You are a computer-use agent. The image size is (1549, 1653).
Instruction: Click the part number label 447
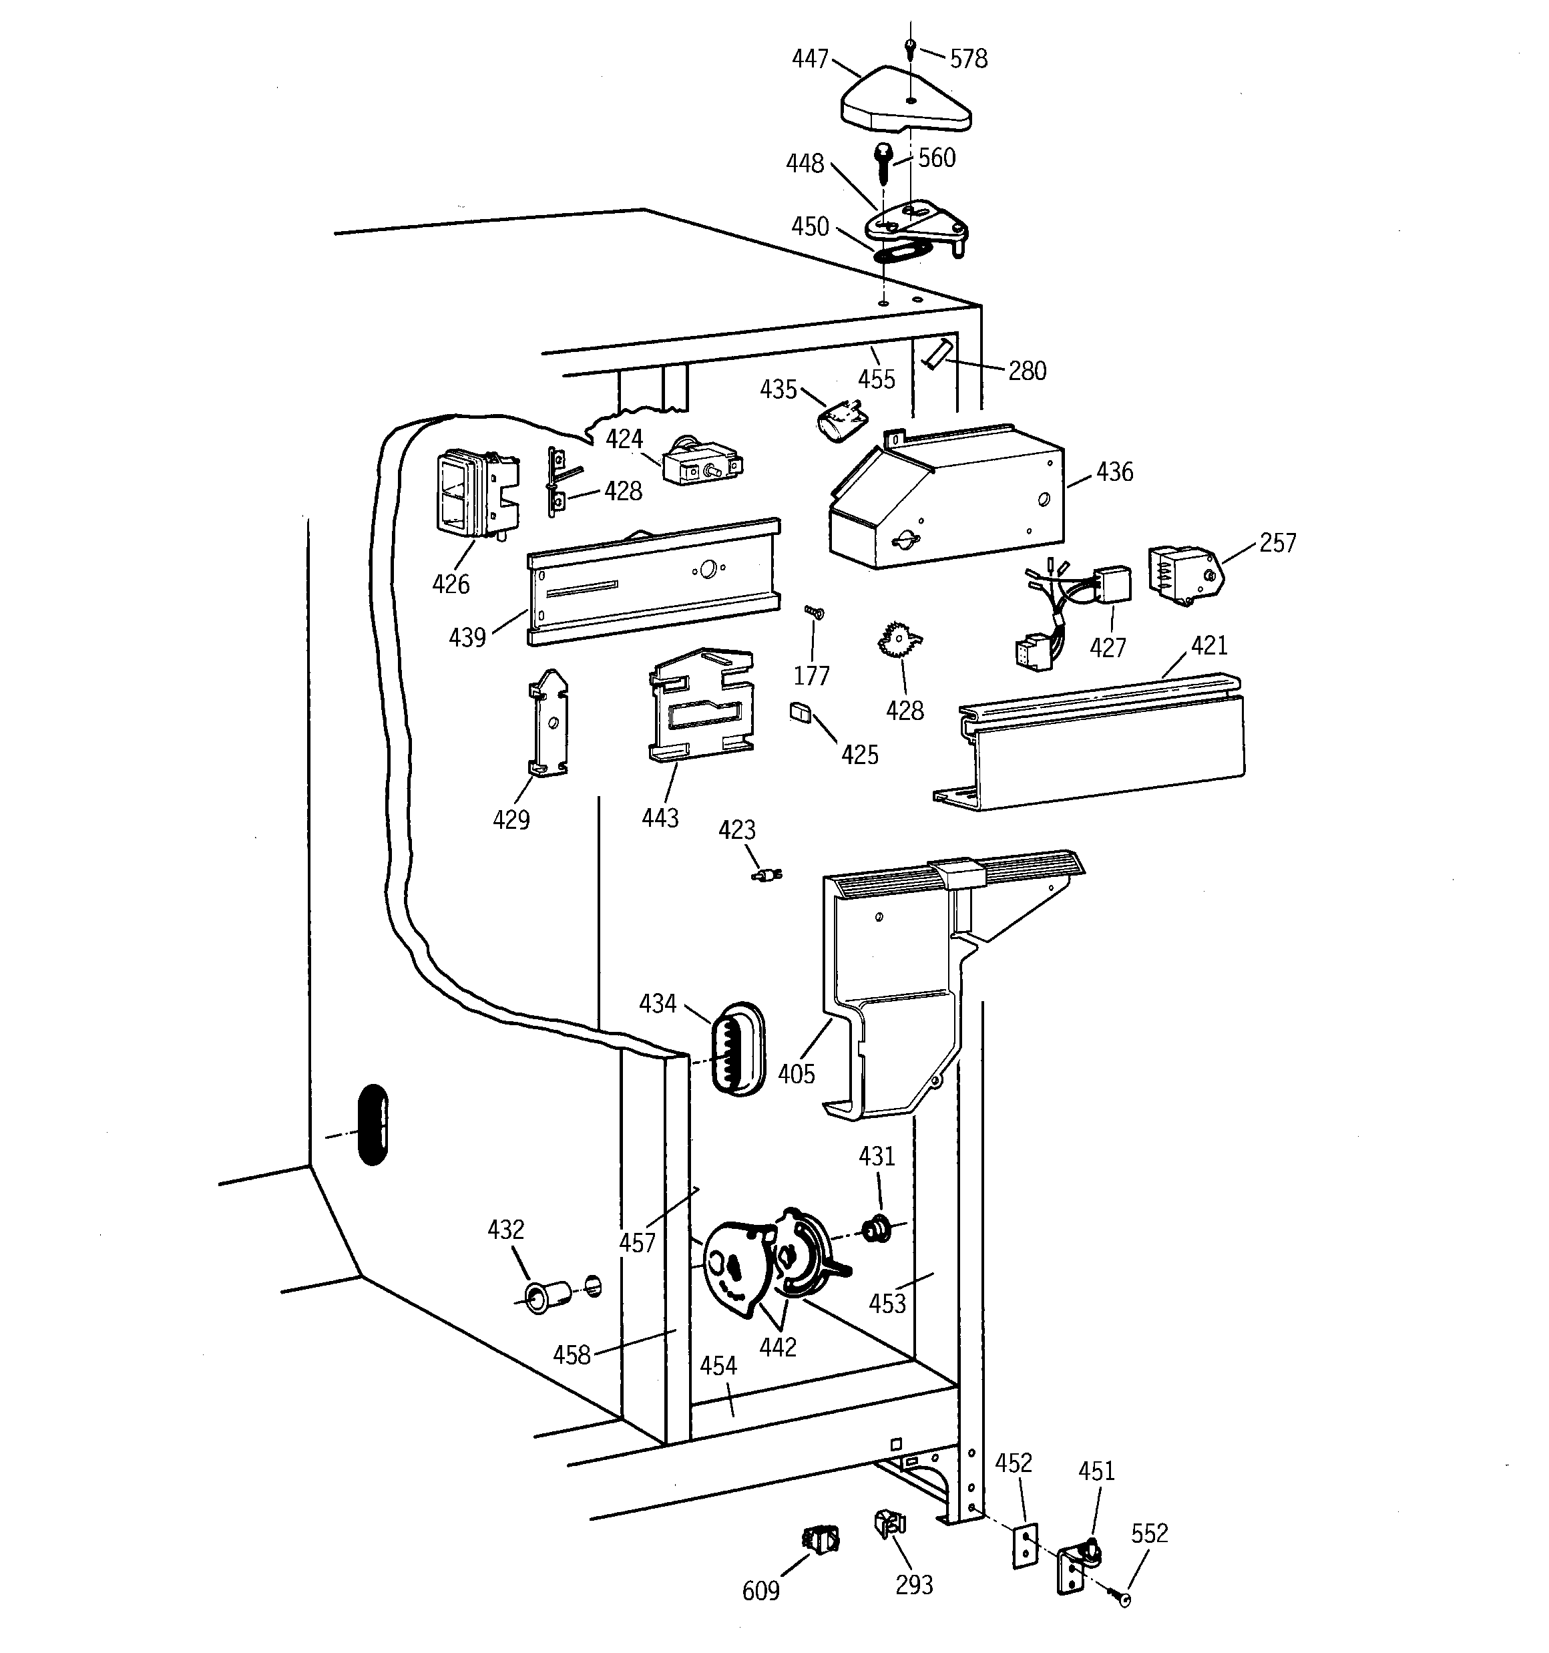pos(810,59)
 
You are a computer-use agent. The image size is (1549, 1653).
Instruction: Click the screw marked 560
pos(883,163)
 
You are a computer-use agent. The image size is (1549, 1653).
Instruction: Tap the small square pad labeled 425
pos(800,713)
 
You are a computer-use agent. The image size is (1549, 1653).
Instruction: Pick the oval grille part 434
pos(736,1049)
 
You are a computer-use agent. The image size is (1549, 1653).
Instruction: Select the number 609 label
pos(760,1591)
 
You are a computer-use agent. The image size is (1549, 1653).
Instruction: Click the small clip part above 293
pos(889,1523)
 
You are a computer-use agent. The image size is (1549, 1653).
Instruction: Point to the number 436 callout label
pos(1114,472)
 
